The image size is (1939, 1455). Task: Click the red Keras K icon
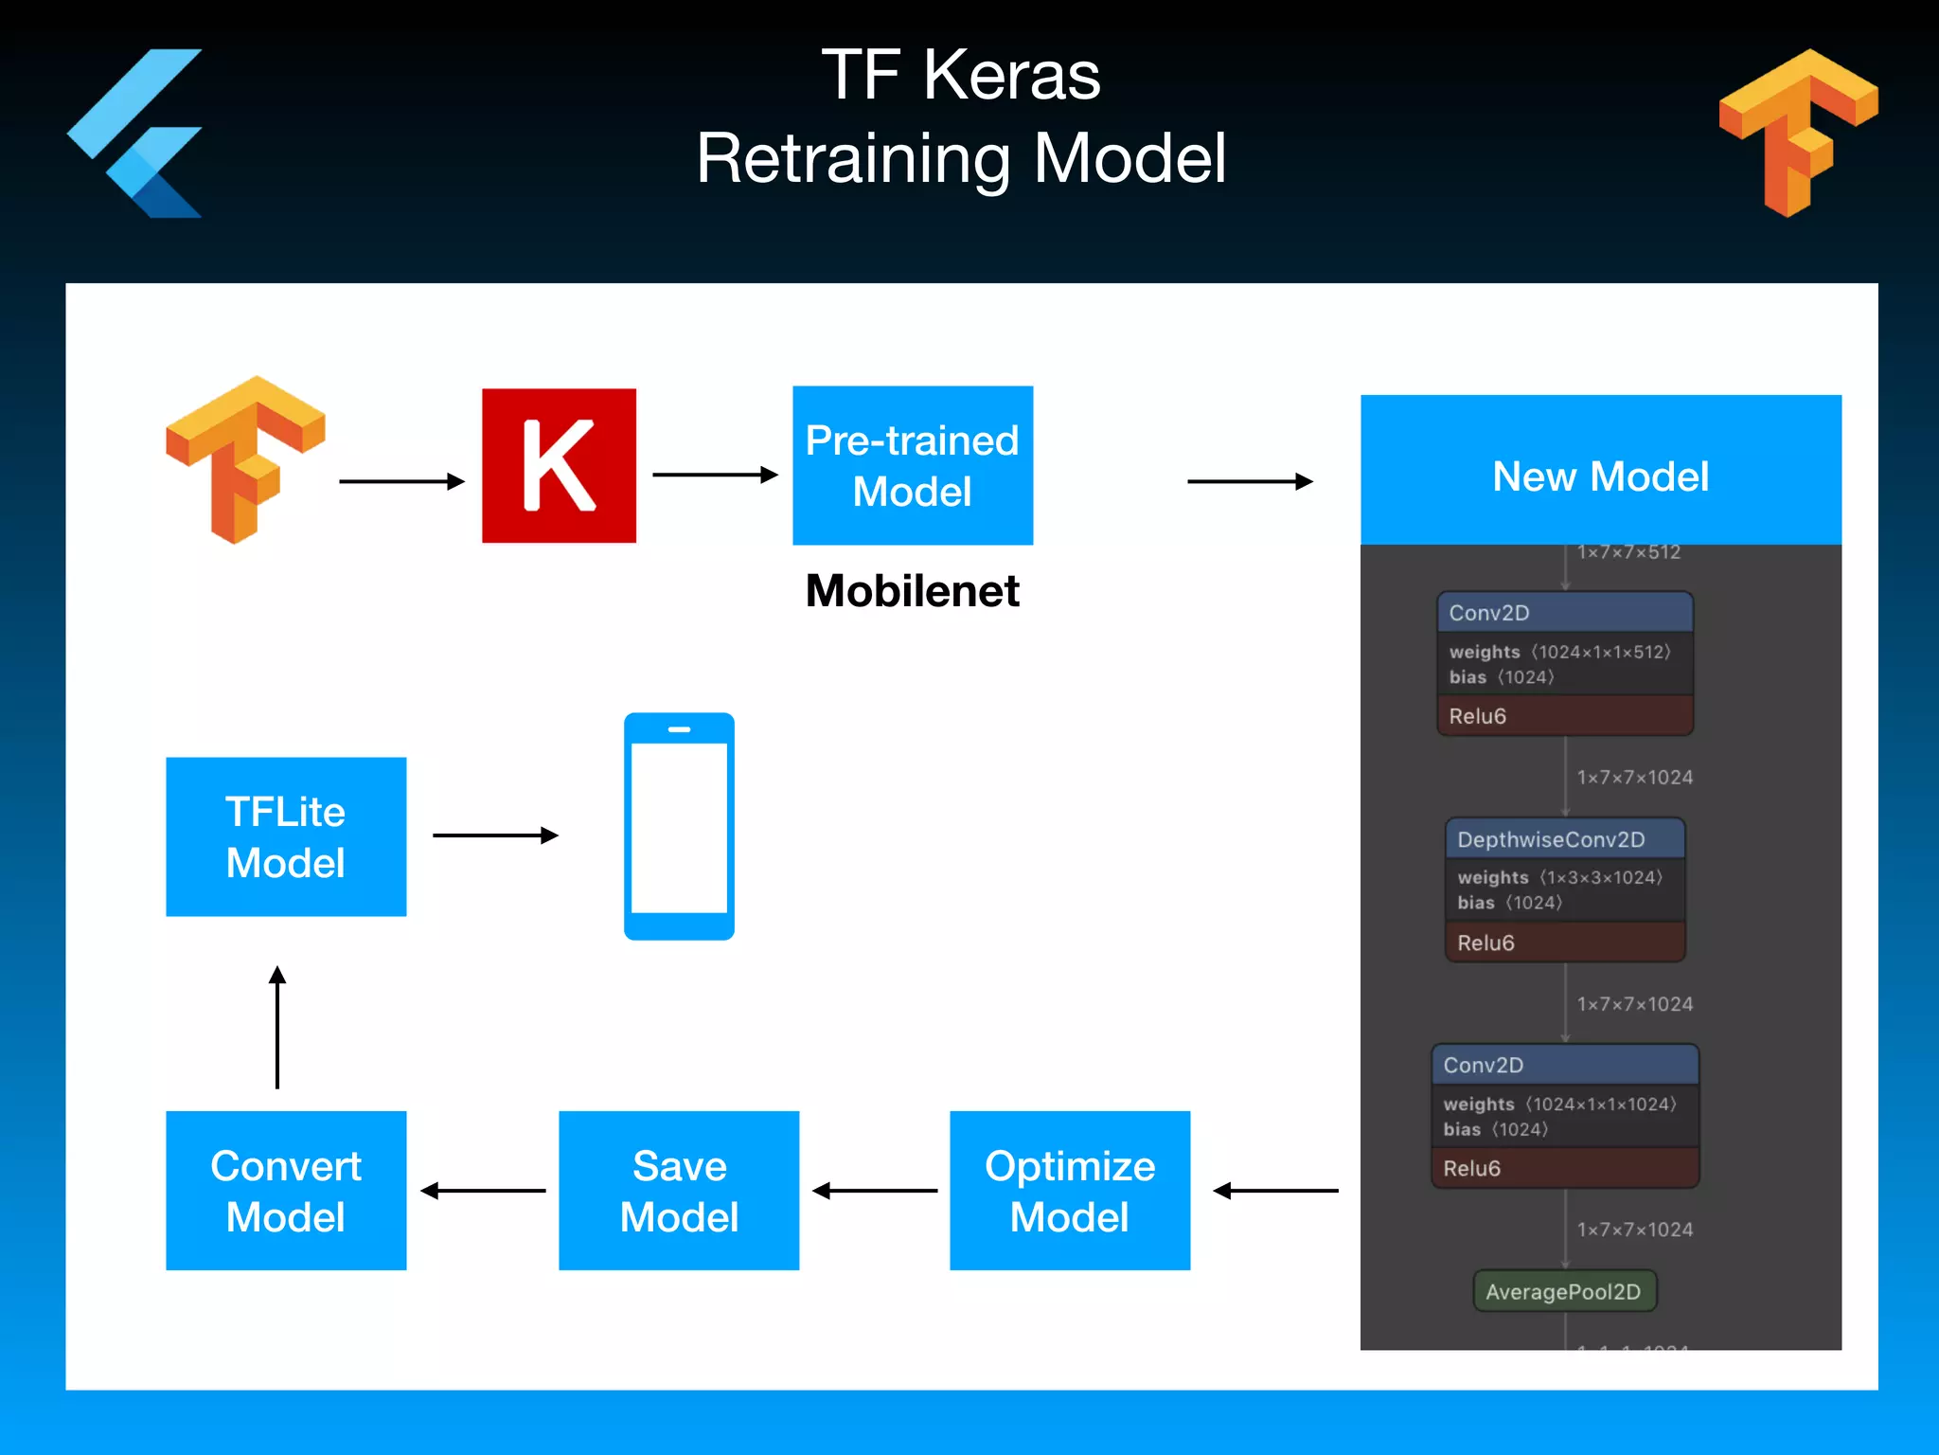coord(559,465)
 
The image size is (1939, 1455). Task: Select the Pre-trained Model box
coord(912,465)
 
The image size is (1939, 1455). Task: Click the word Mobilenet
coord(912,591)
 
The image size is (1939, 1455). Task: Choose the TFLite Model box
coord(286,836)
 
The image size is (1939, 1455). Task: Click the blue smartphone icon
coord(679,826)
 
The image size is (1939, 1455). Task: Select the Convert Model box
coord(286,1190)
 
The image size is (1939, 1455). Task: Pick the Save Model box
coord(679,1190)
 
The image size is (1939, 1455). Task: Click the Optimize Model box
coord(1070,1190)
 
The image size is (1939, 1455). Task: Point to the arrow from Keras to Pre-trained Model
coord(715,475)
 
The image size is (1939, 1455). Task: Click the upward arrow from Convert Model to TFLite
coord(277,1028)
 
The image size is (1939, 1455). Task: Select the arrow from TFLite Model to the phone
coord(495,835)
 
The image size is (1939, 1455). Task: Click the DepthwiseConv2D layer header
coord(1564,839)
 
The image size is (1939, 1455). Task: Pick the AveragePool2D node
coord(1564,1291)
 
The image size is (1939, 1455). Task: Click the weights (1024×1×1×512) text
coord(1559,652)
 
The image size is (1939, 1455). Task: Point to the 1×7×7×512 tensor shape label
coord(1628,552)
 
